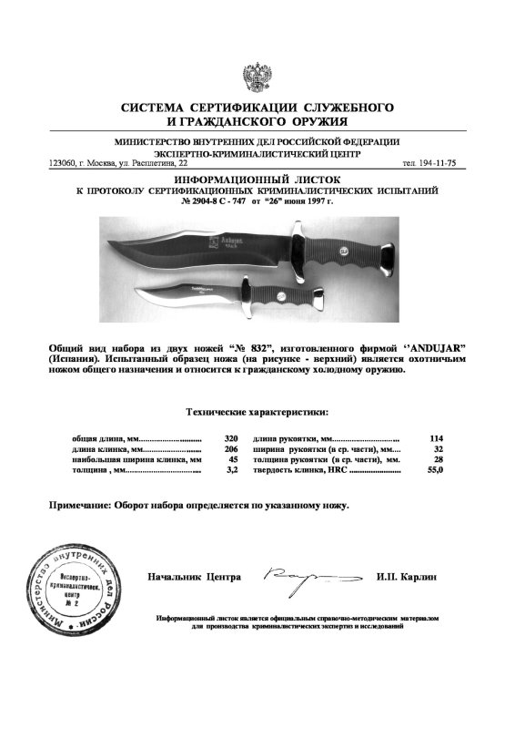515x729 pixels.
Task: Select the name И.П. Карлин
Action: tap(407, 578)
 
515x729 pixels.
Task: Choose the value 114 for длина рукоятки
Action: tap(435, 438)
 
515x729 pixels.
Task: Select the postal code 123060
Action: tap(62, 163)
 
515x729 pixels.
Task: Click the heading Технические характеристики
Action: tap(257, 412)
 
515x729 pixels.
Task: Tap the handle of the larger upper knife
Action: tap(351, 252)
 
